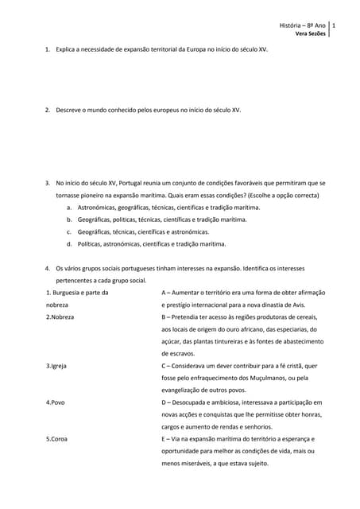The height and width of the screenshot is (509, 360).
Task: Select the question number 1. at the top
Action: click(x=48, y=49)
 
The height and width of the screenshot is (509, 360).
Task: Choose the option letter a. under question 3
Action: click(x=70, y=207)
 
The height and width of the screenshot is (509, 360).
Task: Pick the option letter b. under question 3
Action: click(x=70, y=219)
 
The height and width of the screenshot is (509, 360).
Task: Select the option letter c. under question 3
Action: click(x=70, y=231)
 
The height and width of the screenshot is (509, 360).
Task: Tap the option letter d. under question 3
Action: click(x=70, y=244)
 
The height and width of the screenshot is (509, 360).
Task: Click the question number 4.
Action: click(x=48, y=268)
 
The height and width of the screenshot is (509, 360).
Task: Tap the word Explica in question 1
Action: click(x=67, y=49)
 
